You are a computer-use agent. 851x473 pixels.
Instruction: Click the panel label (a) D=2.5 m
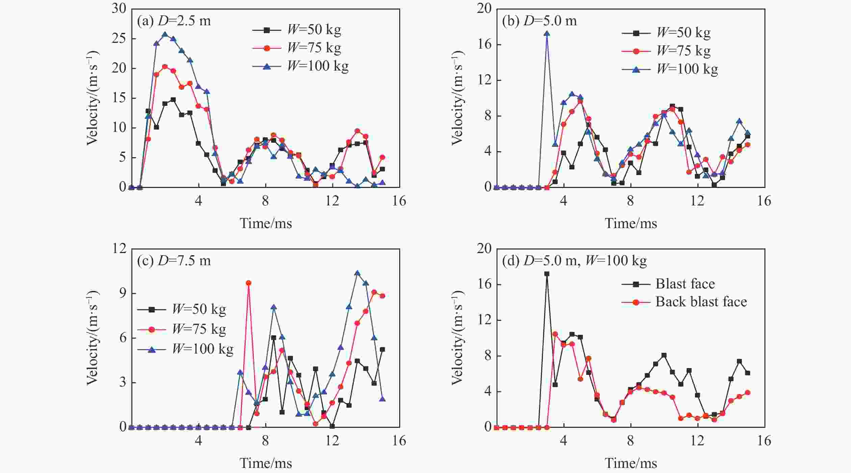[174, 21]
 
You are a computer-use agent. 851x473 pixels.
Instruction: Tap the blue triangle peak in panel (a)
[165, 34]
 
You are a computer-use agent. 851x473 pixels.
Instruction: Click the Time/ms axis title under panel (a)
[266, 223]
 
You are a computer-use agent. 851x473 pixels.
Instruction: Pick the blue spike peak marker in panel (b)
[547, 33]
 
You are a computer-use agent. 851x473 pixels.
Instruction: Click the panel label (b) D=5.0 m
[539, 21]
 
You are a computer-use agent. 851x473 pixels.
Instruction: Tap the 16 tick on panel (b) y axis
[484, 45]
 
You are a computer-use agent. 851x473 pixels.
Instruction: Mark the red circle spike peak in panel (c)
[249, 283]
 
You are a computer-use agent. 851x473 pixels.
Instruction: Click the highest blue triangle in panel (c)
[357, 273]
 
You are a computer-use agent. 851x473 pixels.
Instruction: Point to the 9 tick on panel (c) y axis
[123, 294]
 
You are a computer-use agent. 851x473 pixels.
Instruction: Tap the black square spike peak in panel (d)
[547, 274]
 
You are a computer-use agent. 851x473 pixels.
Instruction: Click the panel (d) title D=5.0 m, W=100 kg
[574, 261]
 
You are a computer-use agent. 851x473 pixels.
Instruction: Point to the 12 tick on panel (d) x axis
[697, 441]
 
